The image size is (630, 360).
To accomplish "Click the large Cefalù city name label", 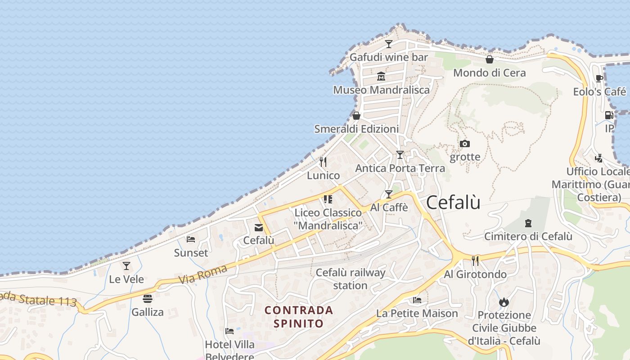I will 453,202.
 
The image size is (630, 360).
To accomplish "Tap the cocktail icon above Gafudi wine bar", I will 389,44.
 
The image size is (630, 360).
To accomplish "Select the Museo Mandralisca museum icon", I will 381,76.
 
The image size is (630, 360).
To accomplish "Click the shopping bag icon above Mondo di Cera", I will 490,59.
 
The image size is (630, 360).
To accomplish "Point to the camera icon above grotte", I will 465,144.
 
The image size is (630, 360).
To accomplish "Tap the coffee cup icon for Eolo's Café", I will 599,79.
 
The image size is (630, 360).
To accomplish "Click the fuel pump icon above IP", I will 609,115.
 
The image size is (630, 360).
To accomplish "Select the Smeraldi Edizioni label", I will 356,129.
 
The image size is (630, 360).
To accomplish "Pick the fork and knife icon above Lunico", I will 323,162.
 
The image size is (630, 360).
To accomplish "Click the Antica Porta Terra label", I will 400,168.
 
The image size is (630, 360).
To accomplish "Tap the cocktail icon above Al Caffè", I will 389,194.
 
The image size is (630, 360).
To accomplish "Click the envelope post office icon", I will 259,228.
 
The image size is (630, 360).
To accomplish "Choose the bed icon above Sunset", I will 191,239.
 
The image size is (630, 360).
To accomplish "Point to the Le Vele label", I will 126,279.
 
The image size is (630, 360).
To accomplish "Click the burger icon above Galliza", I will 148,299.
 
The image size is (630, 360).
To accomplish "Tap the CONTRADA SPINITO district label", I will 299,317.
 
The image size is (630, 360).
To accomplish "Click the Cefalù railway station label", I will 351,279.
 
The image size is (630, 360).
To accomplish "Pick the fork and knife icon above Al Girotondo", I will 475,261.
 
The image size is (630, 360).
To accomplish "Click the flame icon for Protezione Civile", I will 504,302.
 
